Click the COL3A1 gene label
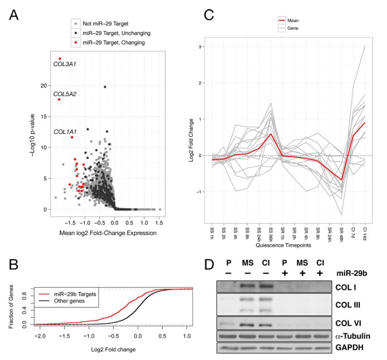pyautogui.click(x=64, y=64)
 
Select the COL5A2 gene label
pyautogui.click(x=65, y=93)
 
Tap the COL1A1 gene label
pyautogui.click(x=65, y=131)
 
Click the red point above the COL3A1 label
pyautogui.click(x=60, y=58)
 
